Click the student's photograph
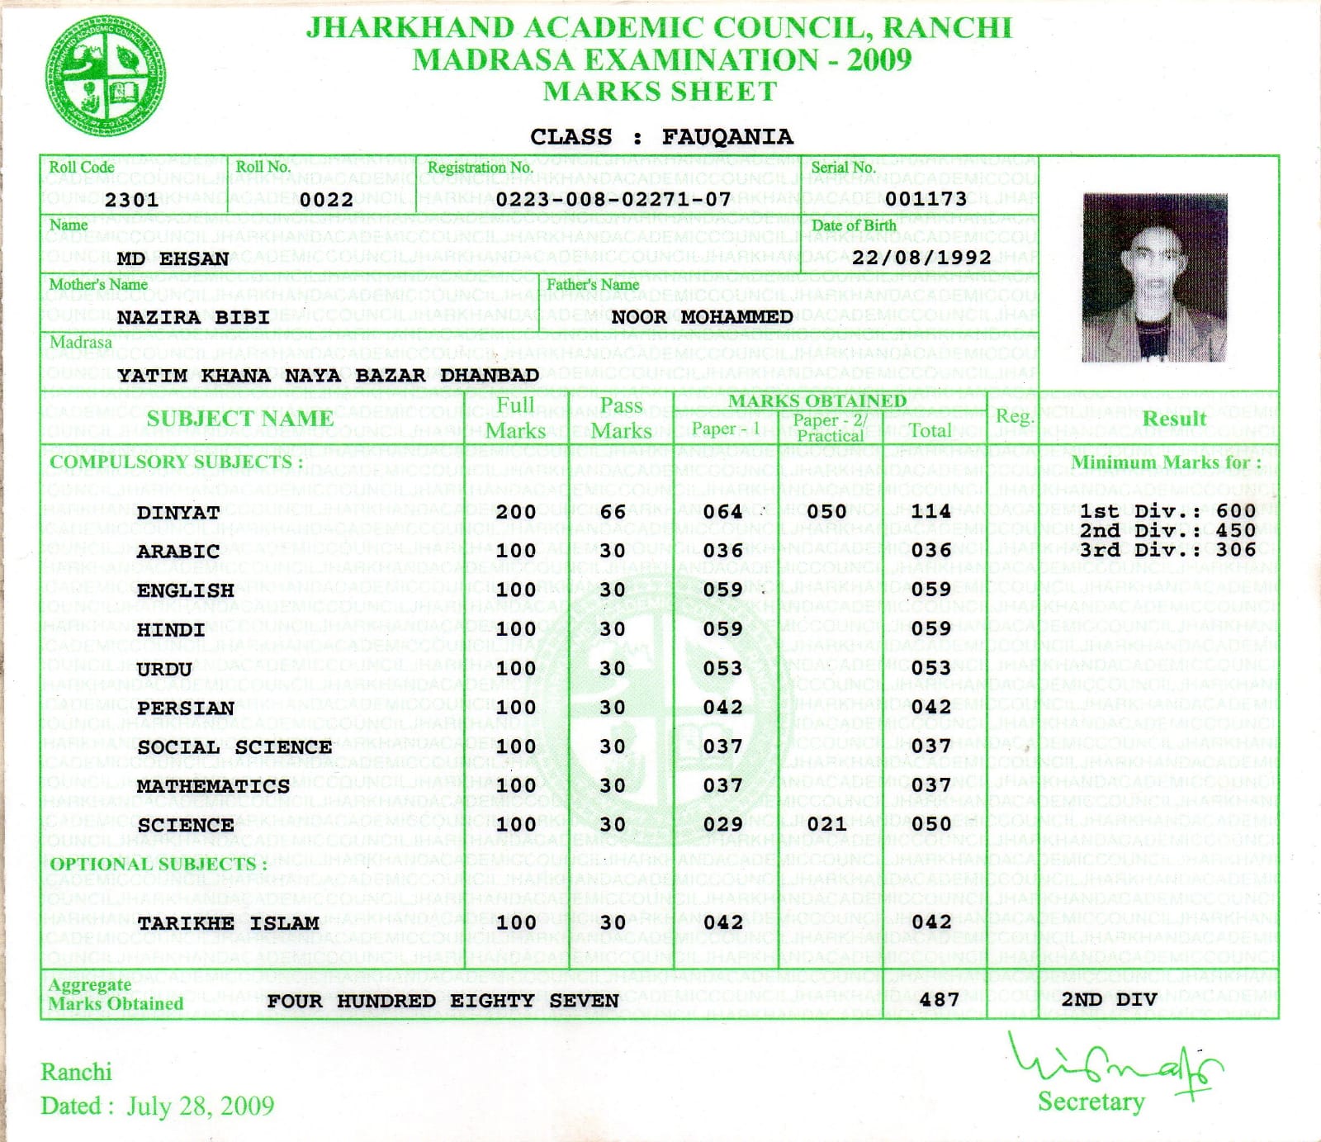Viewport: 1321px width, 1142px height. pos(1154,277)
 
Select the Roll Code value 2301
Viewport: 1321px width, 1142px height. pos(131,200)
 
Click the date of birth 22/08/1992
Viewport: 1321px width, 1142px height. pos(921,258)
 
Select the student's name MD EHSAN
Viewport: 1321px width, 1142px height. pos(173,259)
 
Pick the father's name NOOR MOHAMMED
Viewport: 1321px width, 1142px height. pos(702,317)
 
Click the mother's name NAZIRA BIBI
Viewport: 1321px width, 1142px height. pos(193,318)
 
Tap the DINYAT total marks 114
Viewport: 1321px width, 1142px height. pos(931,511)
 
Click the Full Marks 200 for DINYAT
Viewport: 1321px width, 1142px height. pos(516,512)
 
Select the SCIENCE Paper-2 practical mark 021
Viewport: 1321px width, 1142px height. pos(826,824)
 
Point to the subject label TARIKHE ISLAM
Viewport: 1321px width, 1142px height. pos(228,923)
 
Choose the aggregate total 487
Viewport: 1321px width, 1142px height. pos(939,1000)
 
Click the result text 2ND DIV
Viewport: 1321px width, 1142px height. pos(1109,1000)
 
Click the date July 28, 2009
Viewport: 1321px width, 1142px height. pos(200,1106)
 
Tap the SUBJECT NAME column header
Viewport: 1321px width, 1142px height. pos(239,419)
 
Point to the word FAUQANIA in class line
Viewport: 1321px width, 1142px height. pos(727,137)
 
